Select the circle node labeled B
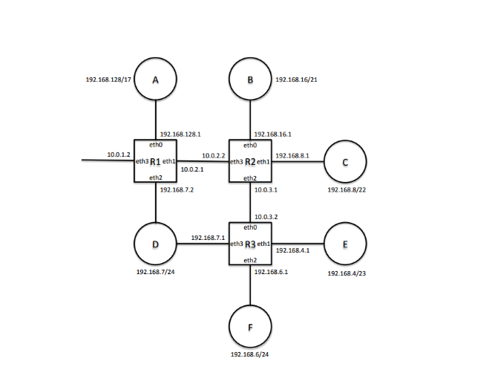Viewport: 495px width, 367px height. point(250,79)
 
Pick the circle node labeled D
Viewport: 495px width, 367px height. point(155,244)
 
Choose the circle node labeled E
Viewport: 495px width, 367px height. point(345,244)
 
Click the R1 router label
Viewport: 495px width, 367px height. point(155,161)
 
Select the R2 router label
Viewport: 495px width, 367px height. point(250,161)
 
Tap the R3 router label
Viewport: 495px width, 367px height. point(250,244)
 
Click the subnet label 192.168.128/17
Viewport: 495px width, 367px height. point(108,78)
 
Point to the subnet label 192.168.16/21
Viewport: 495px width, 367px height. point(298,78)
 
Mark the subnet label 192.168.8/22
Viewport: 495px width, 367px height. point(347,189)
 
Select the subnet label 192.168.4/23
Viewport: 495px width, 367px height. point(347,273)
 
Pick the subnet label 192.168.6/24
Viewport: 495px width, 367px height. point(250,355)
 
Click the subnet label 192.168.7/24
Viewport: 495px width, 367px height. point(155,273)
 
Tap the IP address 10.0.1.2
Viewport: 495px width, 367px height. point(119,154)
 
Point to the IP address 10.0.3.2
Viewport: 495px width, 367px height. point(266,216)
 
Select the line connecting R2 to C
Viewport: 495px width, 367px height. point(298,160)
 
